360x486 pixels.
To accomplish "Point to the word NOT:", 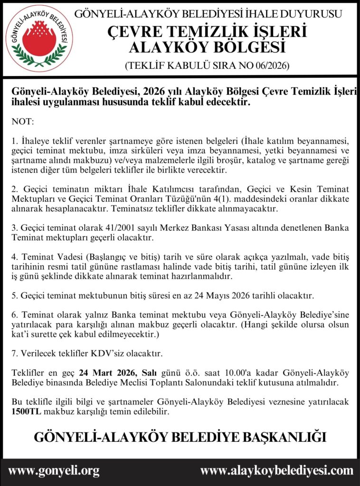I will [23, 122].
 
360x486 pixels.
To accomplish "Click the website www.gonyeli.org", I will [54, 471].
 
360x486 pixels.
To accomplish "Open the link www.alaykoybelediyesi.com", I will [276, 471].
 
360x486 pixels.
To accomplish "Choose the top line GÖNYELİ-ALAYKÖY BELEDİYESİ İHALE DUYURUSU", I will [208, 14].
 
